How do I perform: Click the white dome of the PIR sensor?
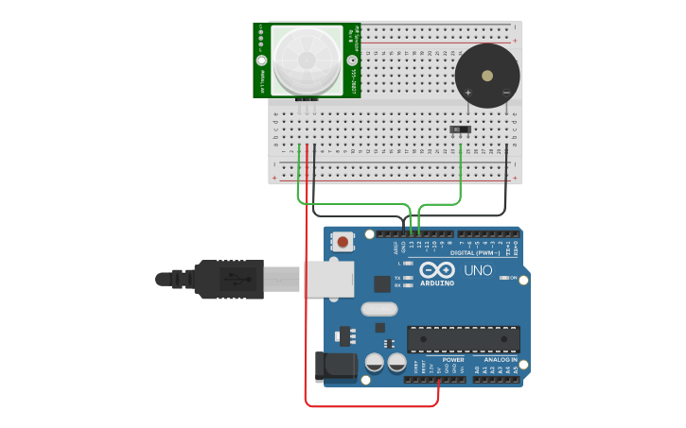[x=306, y=60]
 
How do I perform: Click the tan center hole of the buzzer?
[x=487, y=75]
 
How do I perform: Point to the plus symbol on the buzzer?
[x=469, y=92]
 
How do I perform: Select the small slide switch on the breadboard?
[x=460, y=128]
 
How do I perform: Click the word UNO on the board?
[x=478, y=271]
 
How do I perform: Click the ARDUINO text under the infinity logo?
[x=436, y=282]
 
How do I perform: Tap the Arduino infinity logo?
[x=436, y=270]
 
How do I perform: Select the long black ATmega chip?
[x=463, y=339]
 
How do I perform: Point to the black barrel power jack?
[x=335, y=367]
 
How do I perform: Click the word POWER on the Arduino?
[x=453, y=359]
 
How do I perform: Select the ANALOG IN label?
[x=501, y=359]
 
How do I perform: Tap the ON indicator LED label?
[x=512, y=278]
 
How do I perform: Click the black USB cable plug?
[x=228, y=280]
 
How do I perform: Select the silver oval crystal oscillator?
[x=378, y=309]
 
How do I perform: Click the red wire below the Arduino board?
[x=369, y=406]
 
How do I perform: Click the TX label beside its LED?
[x=396, y=278]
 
